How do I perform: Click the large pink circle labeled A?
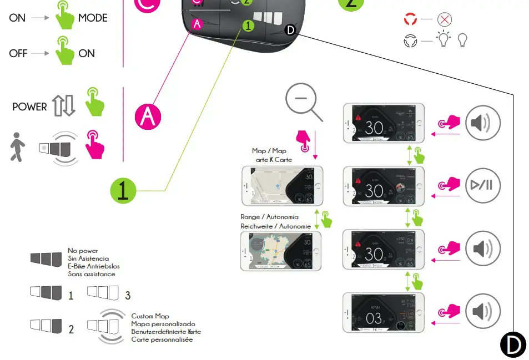point(148,116)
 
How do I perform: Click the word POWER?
point(29,107)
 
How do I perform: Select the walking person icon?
point(17,147)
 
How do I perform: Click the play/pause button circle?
point(482,185)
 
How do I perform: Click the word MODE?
point(93,18)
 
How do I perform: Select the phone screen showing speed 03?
point(384,312)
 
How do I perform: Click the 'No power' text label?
point(83,251)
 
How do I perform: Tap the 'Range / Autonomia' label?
point(269,217)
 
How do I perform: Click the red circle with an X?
point(445,20)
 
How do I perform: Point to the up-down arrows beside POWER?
point(63,105)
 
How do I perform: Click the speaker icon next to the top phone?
point(482,122)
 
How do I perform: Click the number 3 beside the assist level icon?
point(128,296)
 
